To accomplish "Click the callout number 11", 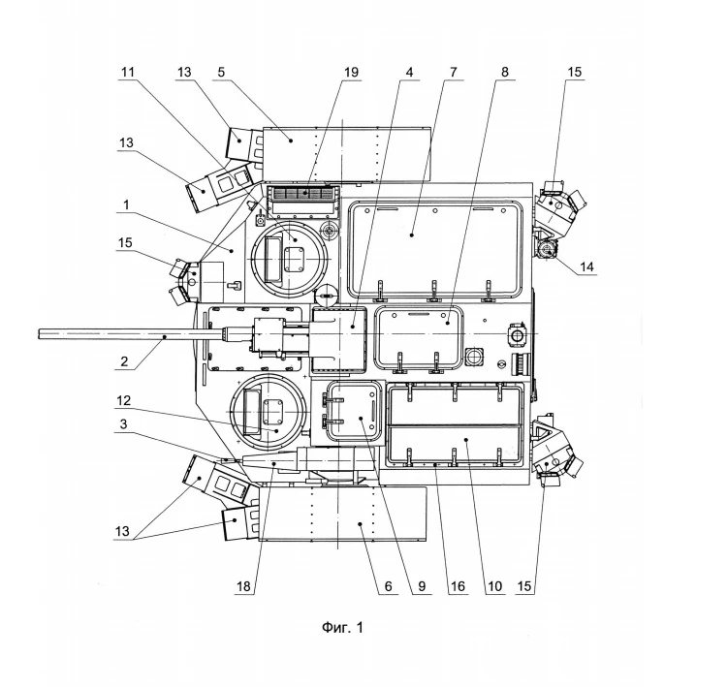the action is coord(128,73).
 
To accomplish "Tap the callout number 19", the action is coord(352,73).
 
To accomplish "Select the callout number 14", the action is coord(586,266).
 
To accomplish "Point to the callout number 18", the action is coord(243,586).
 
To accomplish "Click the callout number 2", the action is coord(124,361).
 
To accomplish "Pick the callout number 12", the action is coord(123,400).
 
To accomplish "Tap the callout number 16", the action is coord(458,586).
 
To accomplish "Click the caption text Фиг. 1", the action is coord(342,628).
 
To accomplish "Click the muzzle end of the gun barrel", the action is coord(39,333).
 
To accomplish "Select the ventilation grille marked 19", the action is coord(304,193).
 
